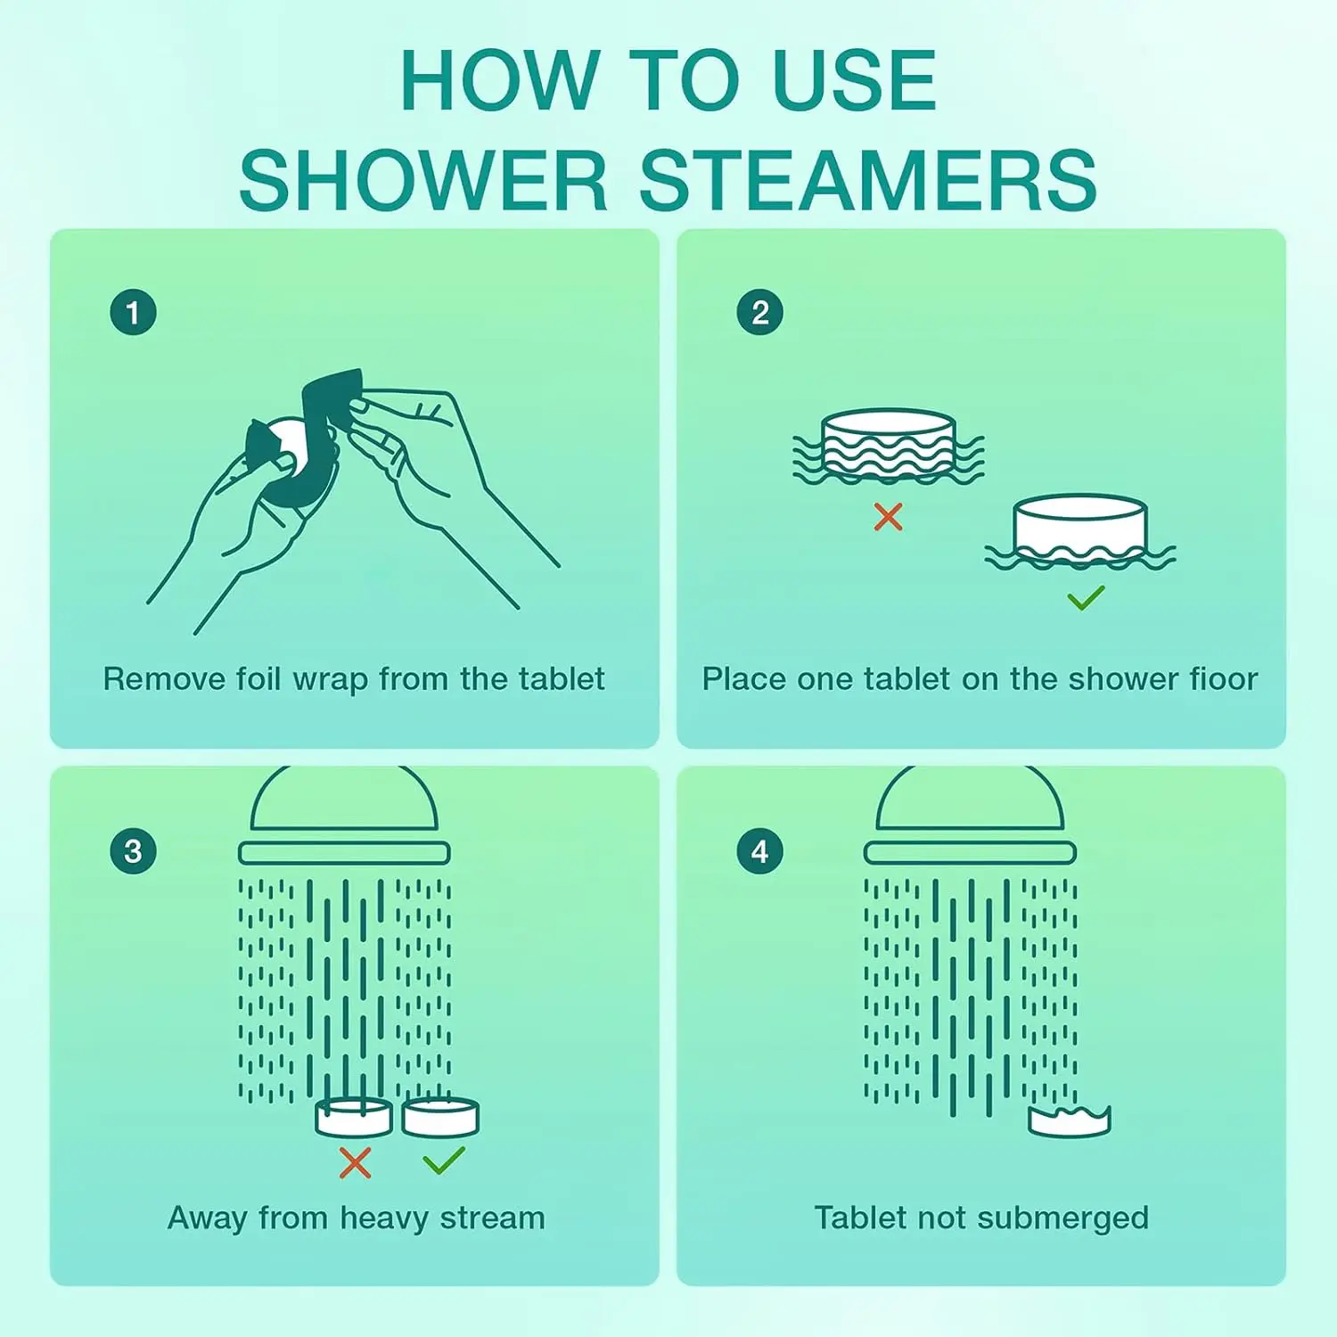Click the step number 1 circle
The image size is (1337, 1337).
pyautogui.click(x=133, y=313)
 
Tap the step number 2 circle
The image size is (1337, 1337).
pyautogui.click(x=759, y=313)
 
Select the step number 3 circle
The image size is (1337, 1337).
pyautogui.click(x=133, y=850)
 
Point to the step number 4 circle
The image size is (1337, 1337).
pyautogui.click(x=759, y=850)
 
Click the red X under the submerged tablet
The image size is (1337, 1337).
pyautogui.click(x=888, y=516)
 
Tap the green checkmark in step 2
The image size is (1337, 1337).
pyautogui.click(x=1086, y=597)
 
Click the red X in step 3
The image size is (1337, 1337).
pyautogui.click(x=355, y=1162)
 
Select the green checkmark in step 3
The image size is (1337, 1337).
pyautogui.click(x=443, y=1161)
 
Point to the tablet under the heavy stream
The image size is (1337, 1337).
pyautogui.click(x=354, y=1118)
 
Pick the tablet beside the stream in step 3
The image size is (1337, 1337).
pyautogui.click(x=440, y=1118)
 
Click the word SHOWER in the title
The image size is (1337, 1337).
pyautogui.click(x=423, y=181)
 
